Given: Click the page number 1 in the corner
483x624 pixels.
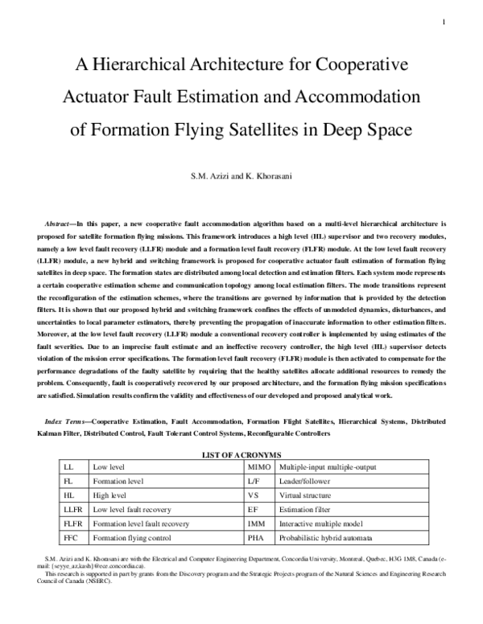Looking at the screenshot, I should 443,22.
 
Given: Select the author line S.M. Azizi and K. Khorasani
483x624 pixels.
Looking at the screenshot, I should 242,174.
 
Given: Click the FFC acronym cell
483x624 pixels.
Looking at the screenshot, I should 70,538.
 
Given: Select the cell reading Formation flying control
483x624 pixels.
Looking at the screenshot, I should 134,538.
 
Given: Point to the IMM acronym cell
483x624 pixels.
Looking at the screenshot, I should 256,523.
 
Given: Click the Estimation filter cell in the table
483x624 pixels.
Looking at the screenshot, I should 306,509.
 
